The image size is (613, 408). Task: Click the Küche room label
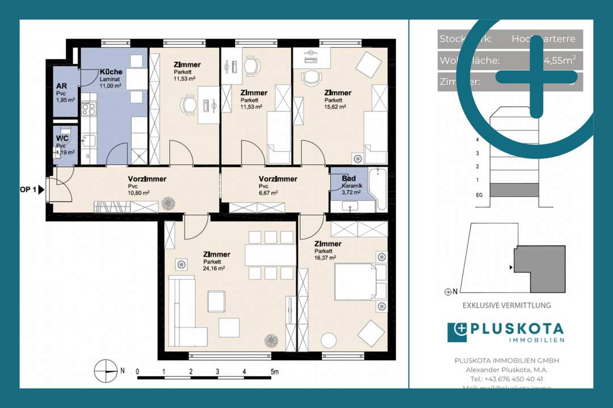pos(111,73)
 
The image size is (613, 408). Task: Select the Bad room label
pos(349,178)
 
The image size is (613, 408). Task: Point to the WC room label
pos(62,138)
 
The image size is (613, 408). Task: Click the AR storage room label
pos(61,87)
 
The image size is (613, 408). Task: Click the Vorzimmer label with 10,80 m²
pos(147,179)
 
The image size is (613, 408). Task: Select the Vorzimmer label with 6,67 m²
pos(278,179)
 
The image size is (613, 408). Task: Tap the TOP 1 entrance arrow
pos(41,190)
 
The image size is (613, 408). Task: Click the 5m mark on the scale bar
pos(274,372)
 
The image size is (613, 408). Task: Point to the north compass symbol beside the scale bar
pos(105,371)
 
